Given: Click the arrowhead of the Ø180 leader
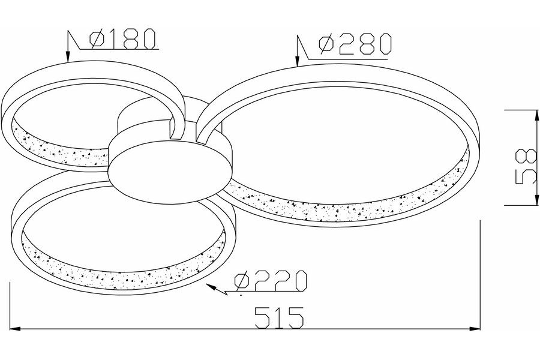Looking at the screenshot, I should [68, 58].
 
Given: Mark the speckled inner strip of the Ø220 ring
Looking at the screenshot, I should [120, 277].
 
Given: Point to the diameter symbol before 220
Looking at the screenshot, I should [242, 280].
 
